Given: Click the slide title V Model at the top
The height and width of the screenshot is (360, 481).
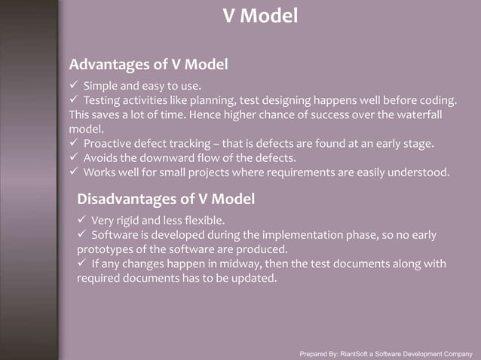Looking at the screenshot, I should tap(261, 14).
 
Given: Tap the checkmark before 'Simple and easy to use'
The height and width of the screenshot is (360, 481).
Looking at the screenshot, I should tap(74, 85).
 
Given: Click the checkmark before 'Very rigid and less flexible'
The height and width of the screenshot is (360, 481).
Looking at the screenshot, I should tap(81, 221).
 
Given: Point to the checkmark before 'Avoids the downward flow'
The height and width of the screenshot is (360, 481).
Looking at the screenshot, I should tap(74, 158).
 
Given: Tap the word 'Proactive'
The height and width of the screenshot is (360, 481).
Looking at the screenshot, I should tap(109, 144).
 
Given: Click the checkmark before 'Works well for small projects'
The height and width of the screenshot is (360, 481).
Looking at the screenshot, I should tap(74, 172).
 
